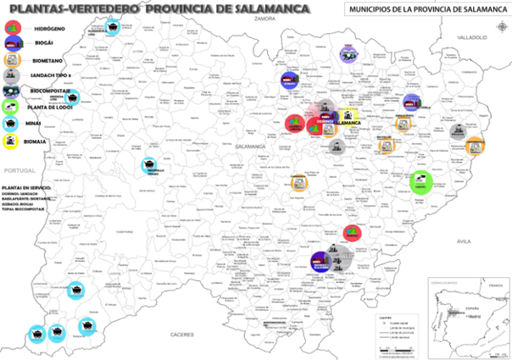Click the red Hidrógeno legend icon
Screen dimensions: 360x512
click(x=12, y=28)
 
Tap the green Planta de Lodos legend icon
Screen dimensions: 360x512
click(x=11, y=106)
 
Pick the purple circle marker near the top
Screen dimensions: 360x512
click(x=347, y=53)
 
